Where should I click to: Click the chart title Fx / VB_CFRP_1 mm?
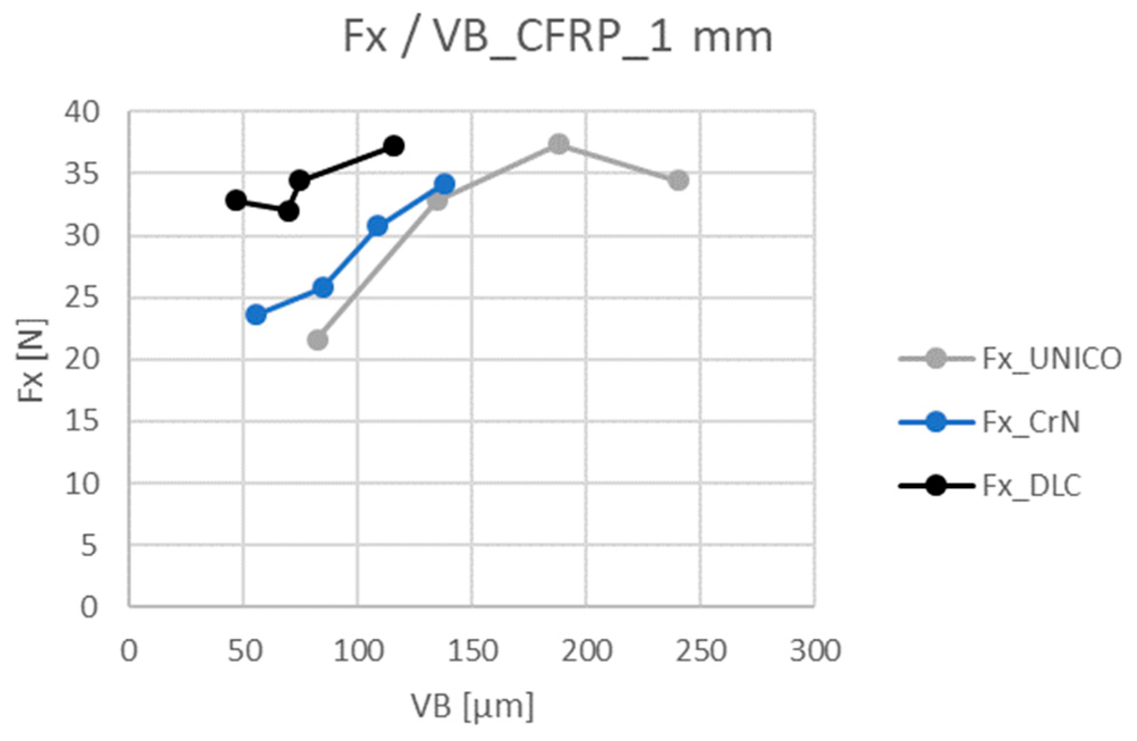[x=558, y=37]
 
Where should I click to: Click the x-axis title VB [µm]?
[x=472, y=706]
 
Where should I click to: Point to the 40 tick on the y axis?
[x=82, y=112]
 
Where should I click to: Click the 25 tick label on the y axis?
[x=82, y=298]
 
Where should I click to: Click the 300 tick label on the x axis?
[x=814, y=651]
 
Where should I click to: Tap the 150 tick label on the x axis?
[x=472, y=651]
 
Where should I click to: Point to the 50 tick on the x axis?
[x=244, y=651]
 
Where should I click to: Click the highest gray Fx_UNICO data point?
[x=559, y=144]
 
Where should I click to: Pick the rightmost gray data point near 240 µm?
[x=678, y=181]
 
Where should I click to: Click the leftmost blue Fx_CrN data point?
[x=256, y=315]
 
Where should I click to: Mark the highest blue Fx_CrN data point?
[x=444, y=184]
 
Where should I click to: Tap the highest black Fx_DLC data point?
[x=394, y=146]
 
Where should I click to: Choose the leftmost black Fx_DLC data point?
[x=236, y=200]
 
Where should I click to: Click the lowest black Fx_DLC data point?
[x=289, y=211]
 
